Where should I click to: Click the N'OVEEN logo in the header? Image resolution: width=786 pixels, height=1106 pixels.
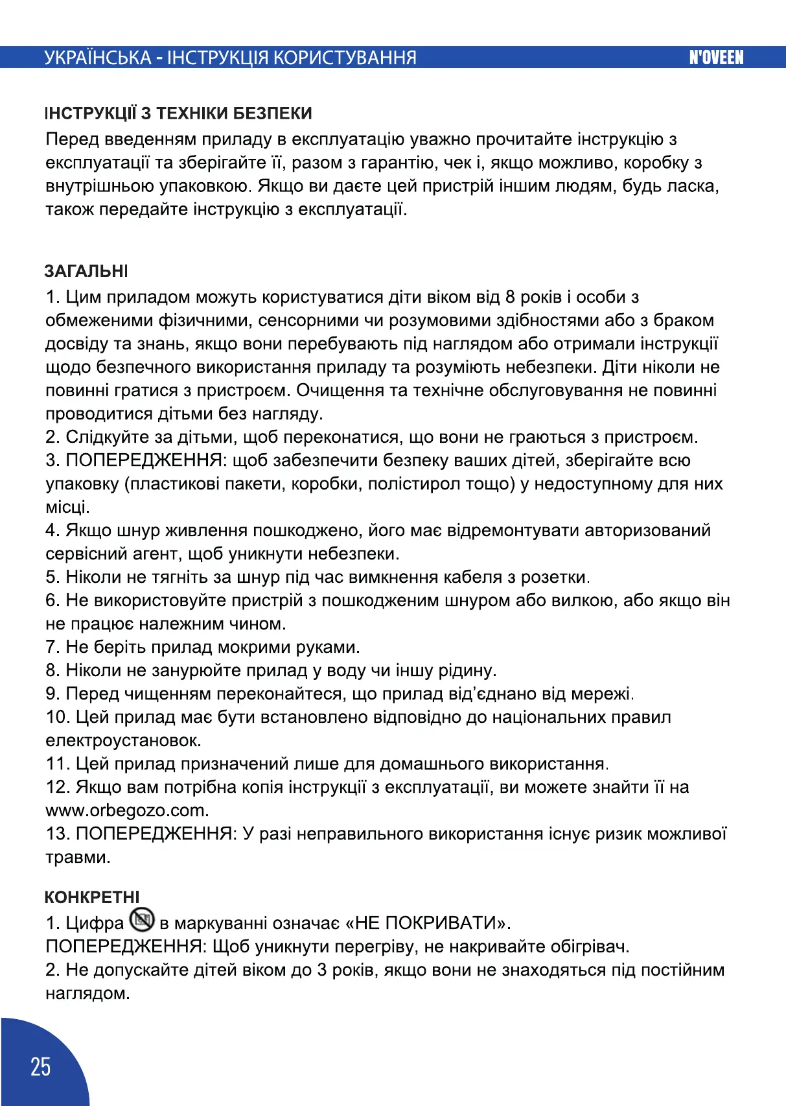(716, 58)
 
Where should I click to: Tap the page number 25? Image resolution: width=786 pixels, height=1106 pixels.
(40, 1066)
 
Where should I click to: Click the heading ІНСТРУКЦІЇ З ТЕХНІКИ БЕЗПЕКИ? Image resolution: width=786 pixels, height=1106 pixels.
(179, 113)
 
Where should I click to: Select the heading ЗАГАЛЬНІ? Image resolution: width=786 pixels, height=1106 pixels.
(86, 271)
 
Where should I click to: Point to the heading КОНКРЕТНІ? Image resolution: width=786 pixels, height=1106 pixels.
(92, 897)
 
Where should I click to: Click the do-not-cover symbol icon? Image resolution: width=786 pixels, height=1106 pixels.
(142, 919)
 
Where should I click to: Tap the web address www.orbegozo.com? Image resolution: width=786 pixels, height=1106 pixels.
(126, 810)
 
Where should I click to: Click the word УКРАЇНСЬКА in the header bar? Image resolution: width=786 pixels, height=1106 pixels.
(98, 58)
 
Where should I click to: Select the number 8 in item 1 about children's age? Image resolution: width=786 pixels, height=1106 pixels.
(510, 297)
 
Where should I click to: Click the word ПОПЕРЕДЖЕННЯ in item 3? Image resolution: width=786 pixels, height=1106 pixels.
(144, 460)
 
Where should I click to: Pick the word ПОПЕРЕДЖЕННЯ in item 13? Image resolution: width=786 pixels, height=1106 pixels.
(154, 834)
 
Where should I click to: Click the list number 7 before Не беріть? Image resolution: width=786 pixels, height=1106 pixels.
(52, 647)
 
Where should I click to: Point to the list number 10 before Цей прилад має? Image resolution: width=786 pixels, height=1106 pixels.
(57, 717)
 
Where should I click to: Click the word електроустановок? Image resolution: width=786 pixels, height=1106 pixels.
(122, 740)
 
